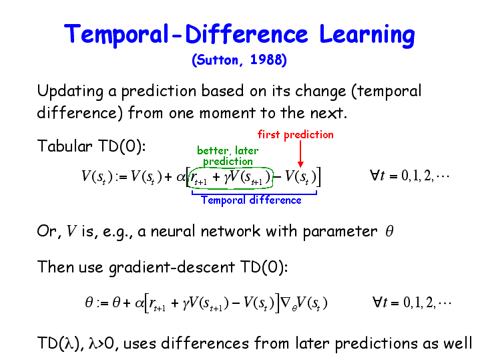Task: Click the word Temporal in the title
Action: tap(116, 35)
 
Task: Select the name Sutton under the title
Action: tap(217, 60)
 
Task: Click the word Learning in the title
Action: tap(367, 35)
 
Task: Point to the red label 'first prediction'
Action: tap(295, 134)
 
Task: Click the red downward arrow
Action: tap(300, 154)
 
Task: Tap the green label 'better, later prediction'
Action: tap(228, 156)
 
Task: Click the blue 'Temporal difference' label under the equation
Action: tap(251, 200)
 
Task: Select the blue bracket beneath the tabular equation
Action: tap(254, 194)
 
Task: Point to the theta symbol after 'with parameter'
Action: tap(389, 231)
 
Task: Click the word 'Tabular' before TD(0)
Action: tap(65, 146)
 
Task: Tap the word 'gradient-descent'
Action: tap(172, 267)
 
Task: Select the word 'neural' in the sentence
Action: tap(173, 231)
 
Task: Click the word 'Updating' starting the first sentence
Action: tap(70, 92)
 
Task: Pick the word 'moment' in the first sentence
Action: tap(227, 113)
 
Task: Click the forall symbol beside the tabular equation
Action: tap(374, 175)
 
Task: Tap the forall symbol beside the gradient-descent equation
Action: tap(377, 302)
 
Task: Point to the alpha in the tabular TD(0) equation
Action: tap(181, 177)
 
